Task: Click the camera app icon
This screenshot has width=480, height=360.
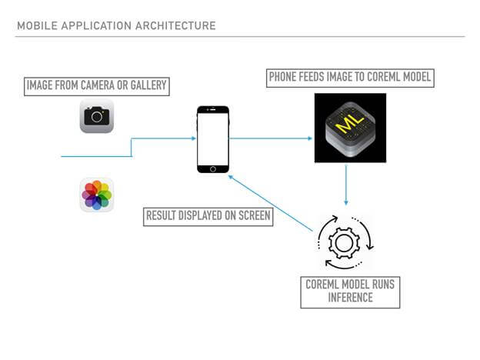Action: tap(97, 116)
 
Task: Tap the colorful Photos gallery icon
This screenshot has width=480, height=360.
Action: tap(97, 195)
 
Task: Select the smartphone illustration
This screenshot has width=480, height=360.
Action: tap(213, 139)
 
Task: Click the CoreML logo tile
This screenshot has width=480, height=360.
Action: tap(350, 128)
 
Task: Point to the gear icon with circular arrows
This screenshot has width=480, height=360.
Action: tap(344, 242)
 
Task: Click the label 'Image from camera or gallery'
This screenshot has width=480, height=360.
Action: tap(96, 85)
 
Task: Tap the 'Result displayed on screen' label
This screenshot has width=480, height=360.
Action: tap(208, 216)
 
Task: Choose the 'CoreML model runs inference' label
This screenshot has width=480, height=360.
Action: tap(350, 291)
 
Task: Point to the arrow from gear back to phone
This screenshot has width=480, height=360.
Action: tap(268, 202)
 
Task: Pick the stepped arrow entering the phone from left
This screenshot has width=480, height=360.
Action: tap(131, 146)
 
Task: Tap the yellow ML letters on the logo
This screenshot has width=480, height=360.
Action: tap(350, 121)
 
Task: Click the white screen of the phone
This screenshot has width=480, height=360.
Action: tap(213, 139)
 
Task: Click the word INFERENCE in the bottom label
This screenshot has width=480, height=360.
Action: tap(350, 297)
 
